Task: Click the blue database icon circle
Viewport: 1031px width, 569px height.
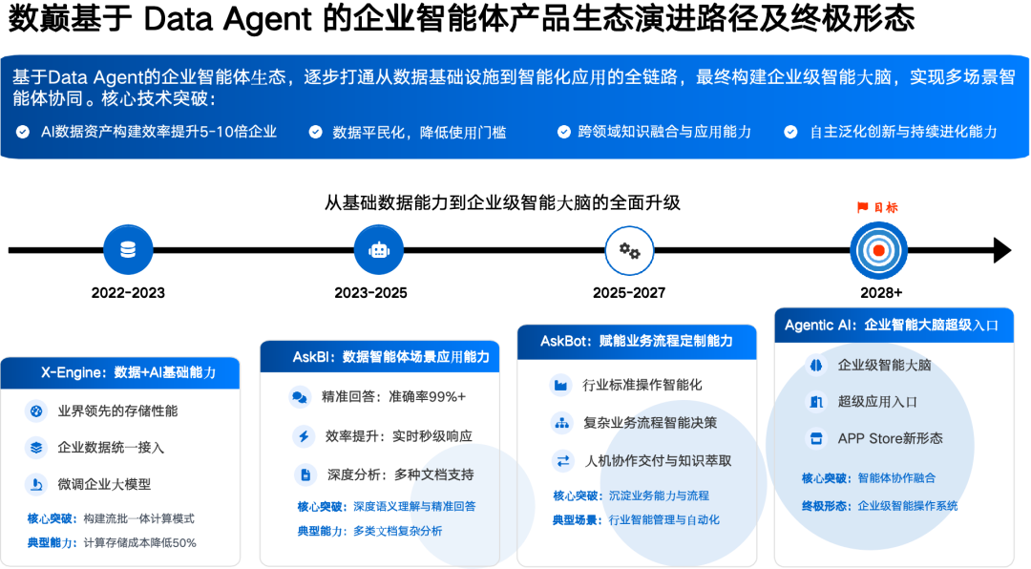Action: (128, 250)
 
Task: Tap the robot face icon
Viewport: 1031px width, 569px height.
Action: (379, 250)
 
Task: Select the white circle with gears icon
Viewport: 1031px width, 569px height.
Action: (629, 251)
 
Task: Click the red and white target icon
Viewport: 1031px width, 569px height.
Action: (878, 250)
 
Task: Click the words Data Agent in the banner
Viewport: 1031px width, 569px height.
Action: (85, 77)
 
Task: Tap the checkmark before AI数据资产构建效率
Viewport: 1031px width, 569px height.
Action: (23, 132)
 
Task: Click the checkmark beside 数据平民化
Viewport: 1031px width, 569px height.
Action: (315, 132)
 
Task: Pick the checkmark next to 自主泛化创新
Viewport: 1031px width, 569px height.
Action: (790, 132)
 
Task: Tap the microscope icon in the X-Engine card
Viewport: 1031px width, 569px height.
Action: (36, 485)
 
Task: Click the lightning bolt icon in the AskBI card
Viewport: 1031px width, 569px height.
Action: (304, 436)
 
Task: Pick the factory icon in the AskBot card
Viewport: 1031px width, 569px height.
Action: (559, 385)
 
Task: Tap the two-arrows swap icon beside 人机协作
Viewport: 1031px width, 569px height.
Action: (562, 460)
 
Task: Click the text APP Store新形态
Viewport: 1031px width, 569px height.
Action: (890, 438)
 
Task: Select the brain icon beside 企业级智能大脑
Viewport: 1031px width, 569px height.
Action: (815, 365)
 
